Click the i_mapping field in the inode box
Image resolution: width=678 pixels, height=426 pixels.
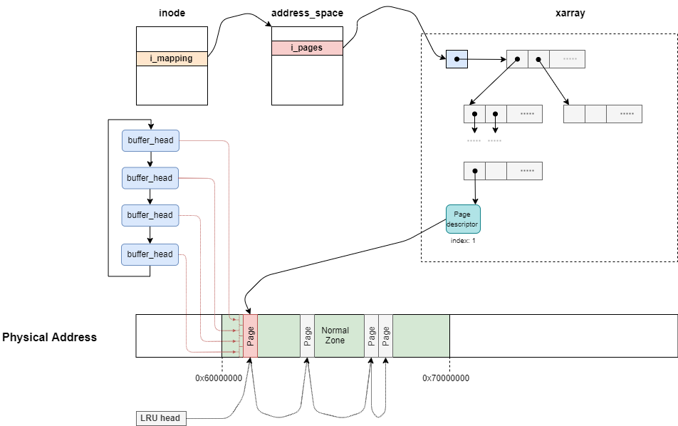[x=171, y=58]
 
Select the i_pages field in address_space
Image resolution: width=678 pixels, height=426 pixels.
[x=306, y=48]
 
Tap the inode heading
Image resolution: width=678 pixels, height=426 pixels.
[x=171, y=14]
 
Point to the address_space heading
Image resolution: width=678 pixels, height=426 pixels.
[x=307, y=14]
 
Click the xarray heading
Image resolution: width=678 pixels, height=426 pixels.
[x=570, y=14]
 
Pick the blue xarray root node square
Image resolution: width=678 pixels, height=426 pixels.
[x=457, y=58]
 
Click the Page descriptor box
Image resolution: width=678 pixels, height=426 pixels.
[x=463, y=219]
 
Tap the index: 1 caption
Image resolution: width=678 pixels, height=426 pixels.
[x=463, y=241]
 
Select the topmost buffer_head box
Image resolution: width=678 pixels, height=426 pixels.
[x=150, y=140]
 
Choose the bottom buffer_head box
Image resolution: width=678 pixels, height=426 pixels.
[x=150, y=254]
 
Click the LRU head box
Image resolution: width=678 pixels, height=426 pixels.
[x=160, y=417]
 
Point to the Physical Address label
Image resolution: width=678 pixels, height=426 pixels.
[x=50, y=337]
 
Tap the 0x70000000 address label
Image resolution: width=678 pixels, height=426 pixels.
[x=446, y=378]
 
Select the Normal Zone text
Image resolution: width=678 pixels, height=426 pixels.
[x=335, y=336]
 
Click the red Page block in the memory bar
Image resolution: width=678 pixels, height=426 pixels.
[x=250, y=336]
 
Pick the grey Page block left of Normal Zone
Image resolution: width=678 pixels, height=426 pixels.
[x=307, y=336]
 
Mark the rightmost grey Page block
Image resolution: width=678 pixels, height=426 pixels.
[x=385, y=336]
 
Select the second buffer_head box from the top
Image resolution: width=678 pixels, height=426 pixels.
[x=150, y=178]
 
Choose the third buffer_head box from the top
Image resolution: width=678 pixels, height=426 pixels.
[x=150, y=215]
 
